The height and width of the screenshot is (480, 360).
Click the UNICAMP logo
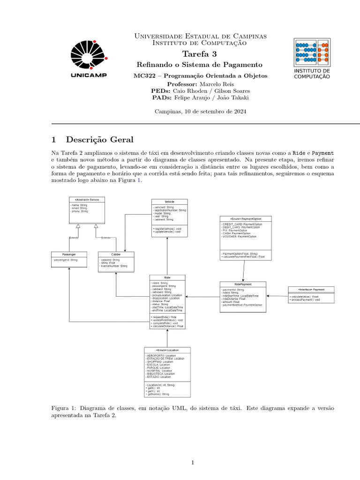pyautogui.click(x=89, y=59)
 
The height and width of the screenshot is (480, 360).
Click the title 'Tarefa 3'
pyautogui.click(x=193, y=54)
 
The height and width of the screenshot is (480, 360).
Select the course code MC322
pyautogui.click(x=143, y=75)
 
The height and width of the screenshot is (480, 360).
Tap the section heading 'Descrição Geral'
pyautogui.click(x=99, y=140)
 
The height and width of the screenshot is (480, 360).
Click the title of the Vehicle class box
pyautogui.click(x=169, y=202)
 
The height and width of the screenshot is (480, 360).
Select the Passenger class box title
pyautogui.click(x=69, y=254)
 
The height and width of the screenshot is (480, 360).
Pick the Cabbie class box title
pyautogui.click(x=116, y=254)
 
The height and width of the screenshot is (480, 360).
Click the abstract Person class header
pyautogui.click(x=87, y=200)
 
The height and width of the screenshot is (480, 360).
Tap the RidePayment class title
pyautogui.click(x=243, y=284)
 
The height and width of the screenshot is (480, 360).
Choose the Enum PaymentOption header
pyautogui.click(x=243, y=218)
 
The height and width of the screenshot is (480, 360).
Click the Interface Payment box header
pyautogui.click(x=311, y=289)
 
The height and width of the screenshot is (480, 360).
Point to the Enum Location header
pyautogui.click(x=167, y=350)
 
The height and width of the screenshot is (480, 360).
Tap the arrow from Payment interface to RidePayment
pyautogui.click(x=277, y=296)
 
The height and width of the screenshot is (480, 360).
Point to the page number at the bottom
pyautogui.click(x=193, y=463)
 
